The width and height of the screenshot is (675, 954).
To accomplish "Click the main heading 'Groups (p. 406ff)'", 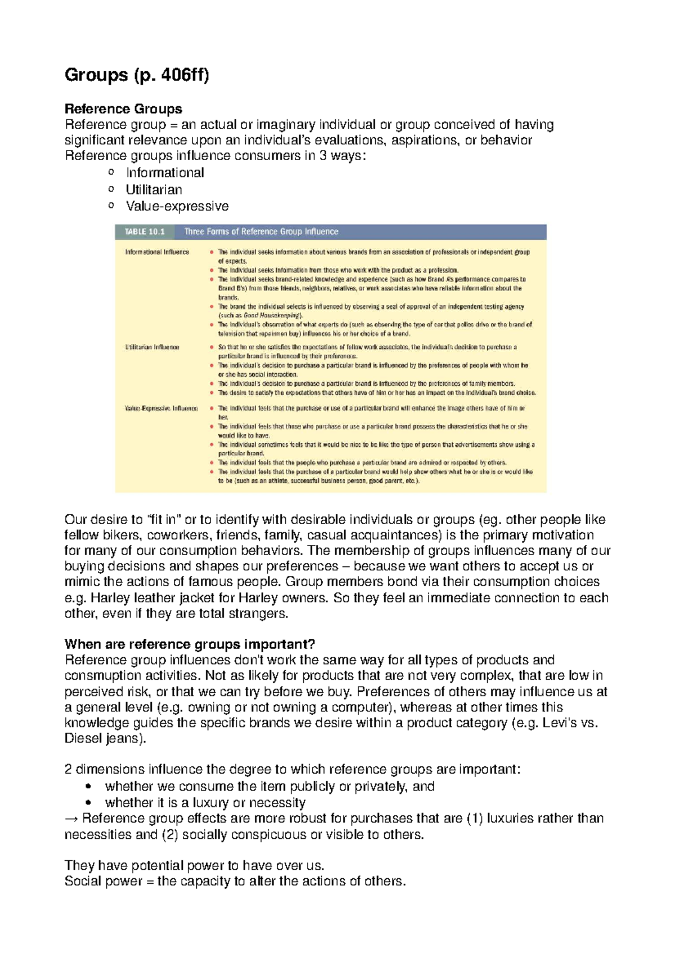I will pyautogui.click(x=137, y=74).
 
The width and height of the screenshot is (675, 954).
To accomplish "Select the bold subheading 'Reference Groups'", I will pyautogui.click(x=123, y=108).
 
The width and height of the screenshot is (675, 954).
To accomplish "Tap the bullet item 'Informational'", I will pyautogui.click(x=165, y=172).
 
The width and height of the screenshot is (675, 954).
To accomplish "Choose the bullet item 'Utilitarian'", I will pyautogui.click(x=154, y=189).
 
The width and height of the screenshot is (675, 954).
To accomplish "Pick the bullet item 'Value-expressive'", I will pyautogui.click(x=177, y=206).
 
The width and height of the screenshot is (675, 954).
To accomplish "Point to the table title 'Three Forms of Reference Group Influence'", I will pyautogui.click(x=262, y=231).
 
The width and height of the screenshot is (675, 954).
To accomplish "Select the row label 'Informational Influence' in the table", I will pyautogui.click(x=157, y=252).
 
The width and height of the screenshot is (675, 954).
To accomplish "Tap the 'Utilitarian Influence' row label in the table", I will pyautogui.click(x=152, y=347).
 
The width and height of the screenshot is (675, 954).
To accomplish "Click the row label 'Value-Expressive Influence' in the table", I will pyautogui.click(x=161, y=408).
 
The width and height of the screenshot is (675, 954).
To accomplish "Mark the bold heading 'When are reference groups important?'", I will pyautogui.click(x=190, y=644).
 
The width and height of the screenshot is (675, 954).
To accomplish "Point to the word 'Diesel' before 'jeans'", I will pyautogui.click(x=83, y=738).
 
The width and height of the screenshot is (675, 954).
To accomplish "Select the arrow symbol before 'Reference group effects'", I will pyautogui.click(x=71, y=818).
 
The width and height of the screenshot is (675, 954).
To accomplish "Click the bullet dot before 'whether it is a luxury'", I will pyautogui.click(x=87, y=802).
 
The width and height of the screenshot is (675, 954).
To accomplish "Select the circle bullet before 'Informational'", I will pyautogui.click(x=111, y=172).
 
